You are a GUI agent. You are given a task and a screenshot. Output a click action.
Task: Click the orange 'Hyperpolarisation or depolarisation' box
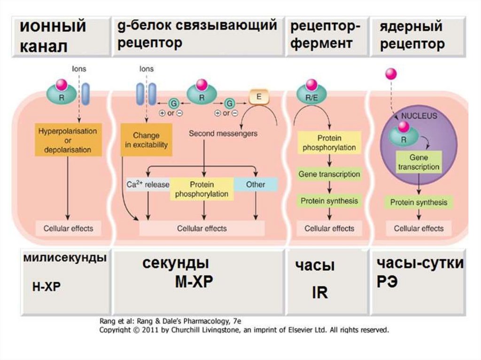tap(68, 140)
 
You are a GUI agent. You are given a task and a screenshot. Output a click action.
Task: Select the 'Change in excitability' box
tap(147, 140)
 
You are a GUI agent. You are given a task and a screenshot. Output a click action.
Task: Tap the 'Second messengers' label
tap(223, 133)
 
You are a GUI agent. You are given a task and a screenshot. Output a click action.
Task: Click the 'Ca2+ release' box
tap(148, 184)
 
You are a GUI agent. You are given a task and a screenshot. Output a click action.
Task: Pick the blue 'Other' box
tap(256, 184)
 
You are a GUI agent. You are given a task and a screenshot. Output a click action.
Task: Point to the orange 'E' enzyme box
tap(259, 97)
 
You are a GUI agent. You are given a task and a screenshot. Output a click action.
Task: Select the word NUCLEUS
tap(419, 116)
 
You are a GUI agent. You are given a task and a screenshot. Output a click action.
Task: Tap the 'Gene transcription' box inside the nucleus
tap(419, 162)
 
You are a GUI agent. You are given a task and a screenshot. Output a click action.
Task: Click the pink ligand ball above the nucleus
tap(391, 74)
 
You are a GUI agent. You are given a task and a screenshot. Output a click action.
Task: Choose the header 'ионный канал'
tap(53, 36)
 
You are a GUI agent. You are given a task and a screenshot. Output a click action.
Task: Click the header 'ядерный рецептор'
tap(412, 35)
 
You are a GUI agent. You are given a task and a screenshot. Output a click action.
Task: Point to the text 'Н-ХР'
tap(47, 287)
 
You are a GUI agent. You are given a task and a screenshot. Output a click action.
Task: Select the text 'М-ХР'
tap(194, 281)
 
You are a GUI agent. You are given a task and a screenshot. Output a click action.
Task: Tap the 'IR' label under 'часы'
tap(320, 292)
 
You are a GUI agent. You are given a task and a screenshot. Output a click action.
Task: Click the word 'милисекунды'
tap(65, 257)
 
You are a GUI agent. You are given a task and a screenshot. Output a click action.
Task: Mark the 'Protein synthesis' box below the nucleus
tap(419, 202)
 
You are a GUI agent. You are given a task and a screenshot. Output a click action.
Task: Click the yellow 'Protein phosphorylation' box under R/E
tap(329, 143)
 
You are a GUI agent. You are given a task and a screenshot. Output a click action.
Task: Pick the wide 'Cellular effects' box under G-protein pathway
tap(202, 229)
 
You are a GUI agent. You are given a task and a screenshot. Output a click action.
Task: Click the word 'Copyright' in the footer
tap(113, 330)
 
